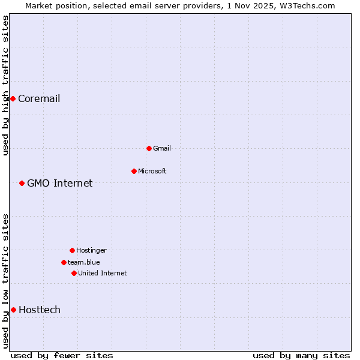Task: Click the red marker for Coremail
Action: click(x=13, y=98)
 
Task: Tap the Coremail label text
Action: click(x=39, y=99)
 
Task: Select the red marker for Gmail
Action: click(x=149, y=148)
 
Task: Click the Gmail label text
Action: click(x=162, y=149)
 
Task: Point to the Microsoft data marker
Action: click(x=134, y=171)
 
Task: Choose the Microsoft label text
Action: click(x=152, y=172)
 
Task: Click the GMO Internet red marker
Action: click(x=22, y=183)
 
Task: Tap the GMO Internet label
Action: click(x=60, y=184)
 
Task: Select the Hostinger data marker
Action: click(x=72, y=250)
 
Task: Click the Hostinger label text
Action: click(x=91, y=251)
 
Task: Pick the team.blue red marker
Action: click(x=64, y=262)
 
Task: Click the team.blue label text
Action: click(x=84, y=262)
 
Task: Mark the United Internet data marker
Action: click(x=74, y=273)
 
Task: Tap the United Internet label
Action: click(x=103, y=274)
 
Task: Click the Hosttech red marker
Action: click(x=13, y=310)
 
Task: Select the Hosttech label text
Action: click(x=40, y=310)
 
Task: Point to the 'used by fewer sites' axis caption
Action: click(x=62, y=355)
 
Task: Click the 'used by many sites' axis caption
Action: click(x=301, y=355)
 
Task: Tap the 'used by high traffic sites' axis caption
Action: click(x=6, y=85)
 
